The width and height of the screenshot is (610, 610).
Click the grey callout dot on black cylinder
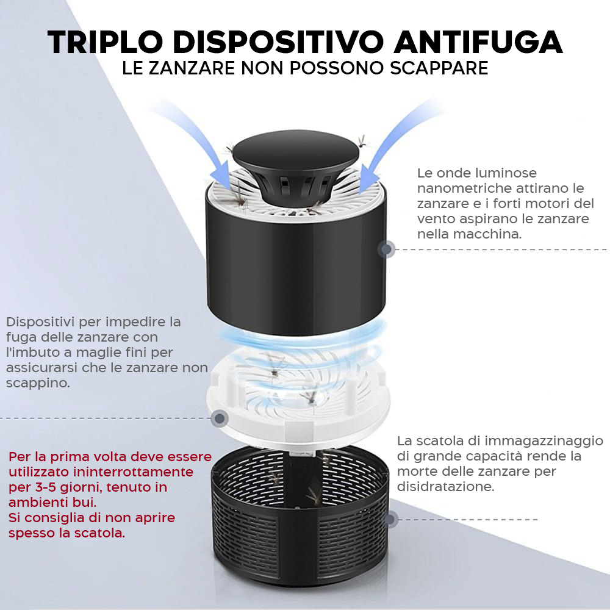pos(386,249)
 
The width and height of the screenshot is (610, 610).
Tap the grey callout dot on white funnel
pos(220,418)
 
